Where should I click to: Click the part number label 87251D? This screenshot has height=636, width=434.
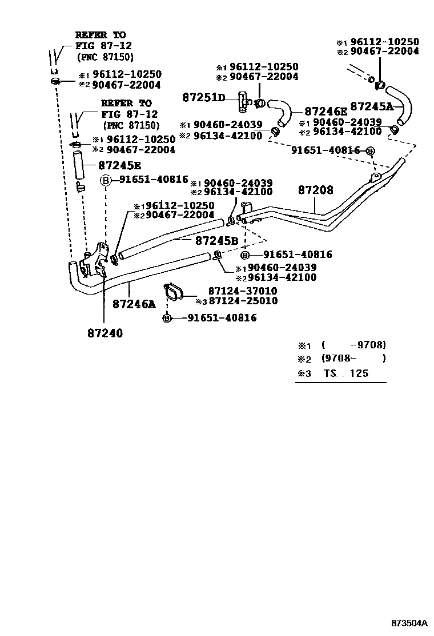pos(204,98)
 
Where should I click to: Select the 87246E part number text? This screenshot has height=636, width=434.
pos(325,112)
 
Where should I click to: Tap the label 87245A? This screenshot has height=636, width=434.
pos(372,106)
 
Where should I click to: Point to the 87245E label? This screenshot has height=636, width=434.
pos(119,165)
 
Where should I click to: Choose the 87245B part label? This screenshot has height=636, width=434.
pos(216,241)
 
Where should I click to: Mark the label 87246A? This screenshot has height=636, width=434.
pos(134,304)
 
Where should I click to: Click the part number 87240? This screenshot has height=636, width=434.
pos(105,332)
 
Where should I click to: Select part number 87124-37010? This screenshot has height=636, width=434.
pos(243,291)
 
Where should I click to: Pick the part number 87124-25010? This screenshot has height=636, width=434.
pos(243,301)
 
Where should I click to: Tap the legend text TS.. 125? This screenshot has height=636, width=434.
pos(345,373)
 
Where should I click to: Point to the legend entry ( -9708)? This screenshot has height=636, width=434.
pos(353,345)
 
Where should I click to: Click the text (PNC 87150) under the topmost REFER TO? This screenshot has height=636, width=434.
pos(105,57)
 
